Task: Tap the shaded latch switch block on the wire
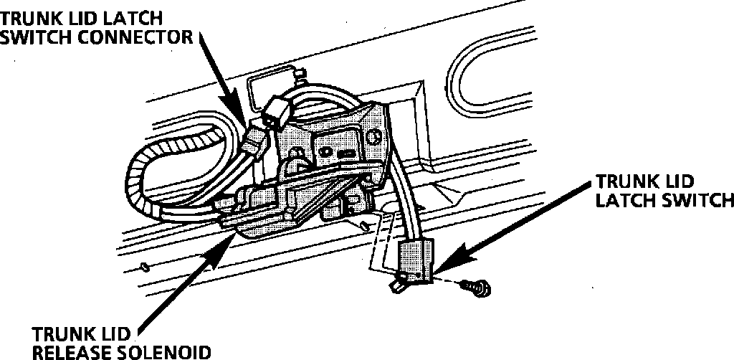[416, 258]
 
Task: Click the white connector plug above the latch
[276, 110]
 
